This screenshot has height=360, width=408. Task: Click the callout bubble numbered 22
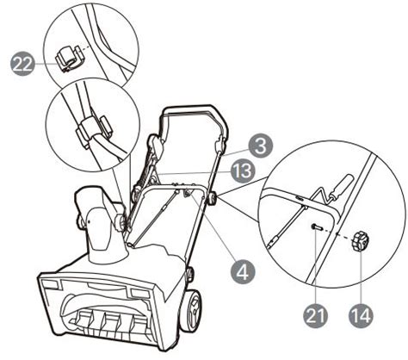click(23, 65)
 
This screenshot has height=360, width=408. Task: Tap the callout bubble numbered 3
click(260, 146)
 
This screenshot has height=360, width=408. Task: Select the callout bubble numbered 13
click(243, 171)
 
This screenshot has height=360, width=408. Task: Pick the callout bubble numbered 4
click(243, 270)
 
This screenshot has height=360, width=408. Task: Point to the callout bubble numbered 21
click(315, 316)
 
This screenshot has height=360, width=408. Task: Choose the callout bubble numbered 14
click(361, 316)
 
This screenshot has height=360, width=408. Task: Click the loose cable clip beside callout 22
click(69, 58)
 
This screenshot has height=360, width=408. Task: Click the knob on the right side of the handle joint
click(213, 198)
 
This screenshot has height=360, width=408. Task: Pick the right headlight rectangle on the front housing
click(139, 293)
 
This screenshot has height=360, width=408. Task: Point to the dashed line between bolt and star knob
click(337, 233)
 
